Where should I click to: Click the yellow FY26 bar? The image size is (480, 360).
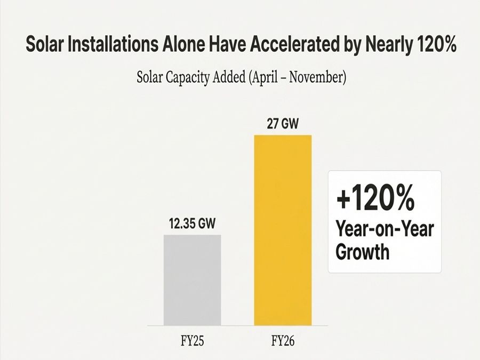click(283, 229)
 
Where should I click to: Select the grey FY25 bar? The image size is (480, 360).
click(192, 279)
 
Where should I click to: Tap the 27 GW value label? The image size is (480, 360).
click(283, 124)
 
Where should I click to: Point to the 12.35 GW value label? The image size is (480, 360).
click(192, 223)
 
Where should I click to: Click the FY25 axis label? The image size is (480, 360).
click(192, 340)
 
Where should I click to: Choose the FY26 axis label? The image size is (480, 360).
click(283, 340)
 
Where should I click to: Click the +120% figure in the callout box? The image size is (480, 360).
click(375, 200)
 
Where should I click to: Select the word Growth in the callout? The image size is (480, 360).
click(363, 251)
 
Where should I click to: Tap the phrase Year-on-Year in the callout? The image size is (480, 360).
click(385, 229)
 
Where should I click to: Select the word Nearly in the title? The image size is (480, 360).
click(381, 45)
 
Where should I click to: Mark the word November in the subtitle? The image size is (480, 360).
click(318, 78)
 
